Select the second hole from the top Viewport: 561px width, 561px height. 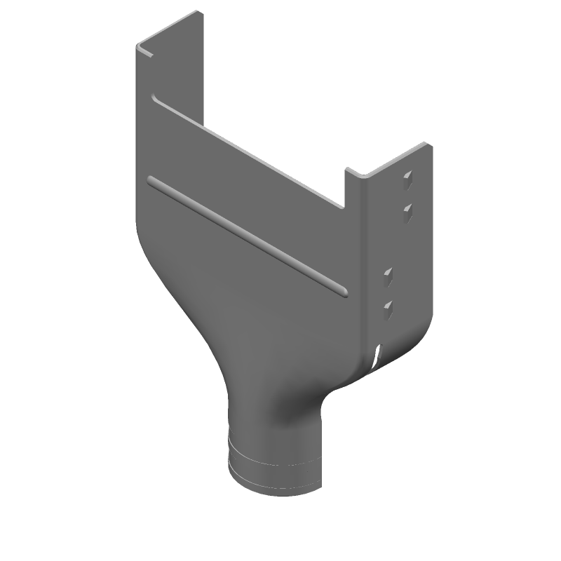(406, 210)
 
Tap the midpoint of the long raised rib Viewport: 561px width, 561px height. (247, 235)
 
